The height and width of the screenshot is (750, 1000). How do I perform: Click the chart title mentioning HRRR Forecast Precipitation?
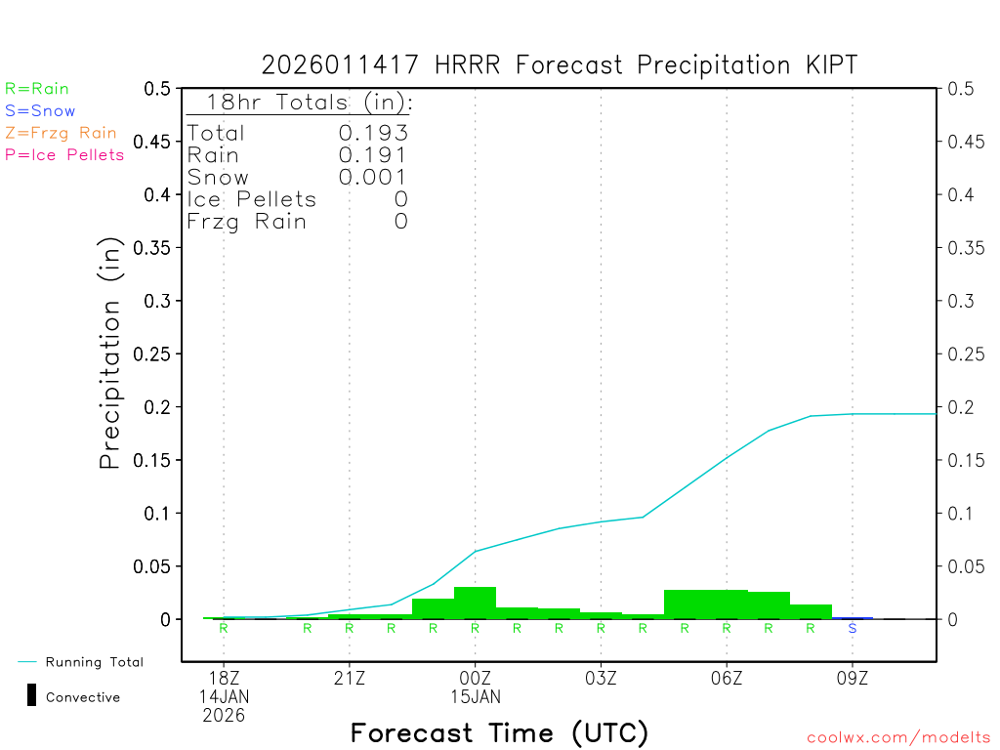coord(560,65)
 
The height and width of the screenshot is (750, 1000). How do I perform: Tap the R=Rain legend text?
coord(37,89)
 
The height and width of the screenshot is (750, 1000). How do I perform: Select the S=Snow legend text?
coord(40,111)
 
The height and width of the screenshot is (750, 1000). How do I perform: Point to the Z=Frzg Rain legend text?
coord(61,133)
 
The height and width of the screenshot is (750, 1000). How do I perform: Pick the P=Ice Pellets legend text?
coord(64,154)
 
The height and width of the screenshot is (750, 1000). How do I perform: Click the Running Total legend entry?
coord(94,662)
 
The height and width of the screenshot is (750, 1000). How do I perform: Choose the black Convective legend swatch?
coord(31,696)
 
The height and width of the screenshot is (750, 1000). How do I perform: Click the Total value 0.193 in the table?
coord(373,134)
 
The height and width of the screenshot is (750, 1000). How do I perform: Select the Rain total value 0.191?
coord(373,155)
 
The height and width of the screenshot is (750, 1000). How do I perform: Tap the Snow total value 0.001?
coord(373,178)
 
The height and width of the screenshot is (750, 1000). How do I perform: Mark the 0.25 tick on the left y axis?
coord(157,354)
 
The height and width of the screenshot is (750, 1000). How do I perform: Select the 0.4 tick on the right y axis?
coord(960,194)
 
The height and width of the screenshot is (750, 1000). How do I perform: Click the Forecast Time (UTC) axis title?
coord(499,732)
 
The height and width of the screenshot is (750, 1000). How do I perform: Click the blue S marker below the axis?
coord(853,628)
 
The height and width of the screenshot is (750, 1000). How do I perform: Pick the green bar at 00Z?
coord(476,603)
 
